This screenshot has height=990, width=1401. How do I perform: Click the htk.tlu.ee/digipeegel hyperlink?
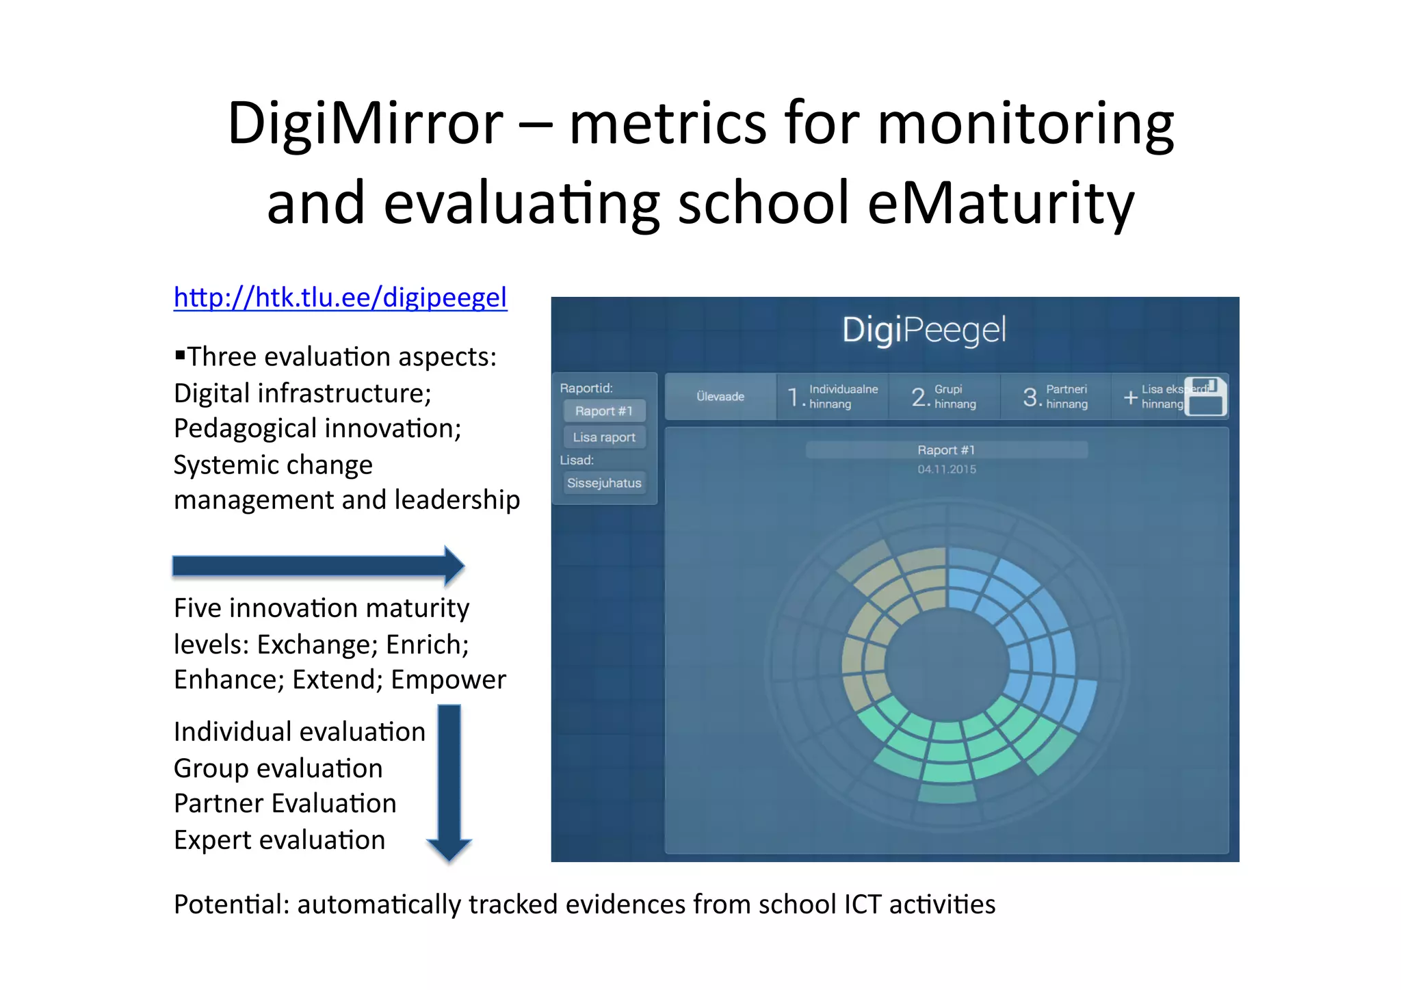pos(340,298)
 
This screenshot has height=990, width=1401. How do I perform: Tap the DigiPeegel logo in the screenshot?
pos(924,330)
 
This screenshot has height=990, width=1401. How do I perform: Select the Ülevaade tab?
pos(720,397)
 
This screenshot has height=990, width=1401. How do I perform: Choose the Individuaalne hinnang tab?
pos(833,397)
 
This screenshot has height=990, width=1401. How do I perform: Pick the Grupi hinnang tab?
pos(944,397)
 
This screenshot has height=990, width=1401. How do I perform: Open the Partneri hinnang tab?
pos(1056,397)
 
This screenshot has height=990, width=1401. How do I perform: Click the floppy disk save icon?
pos(1205,396)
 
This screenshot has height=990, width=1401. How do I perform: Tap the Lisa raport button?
pos(604,437)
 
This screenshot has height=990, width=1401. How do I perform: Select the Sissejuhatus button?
pos(604,483)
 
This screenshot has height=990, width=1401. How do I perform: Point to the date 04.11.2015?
pos(947,469)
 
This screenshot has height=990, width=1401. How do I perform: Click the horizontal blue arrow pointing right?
pos(318,566)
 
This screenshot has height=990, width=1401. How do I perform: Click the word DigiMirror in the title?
pos(365,124)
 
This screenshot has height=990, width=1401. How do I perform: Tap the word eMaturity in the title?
pos(1001,203)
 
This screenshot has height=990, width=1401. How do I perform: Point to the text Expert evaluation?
pos(279,840)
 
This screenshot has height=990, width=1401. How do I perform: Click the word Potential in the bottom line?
pos(231,904)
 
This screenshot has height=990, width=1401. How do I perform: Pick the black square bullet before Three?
pos(180,354)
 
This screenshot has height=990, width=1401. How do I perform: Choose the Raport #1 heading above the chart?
pos(946,450)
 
